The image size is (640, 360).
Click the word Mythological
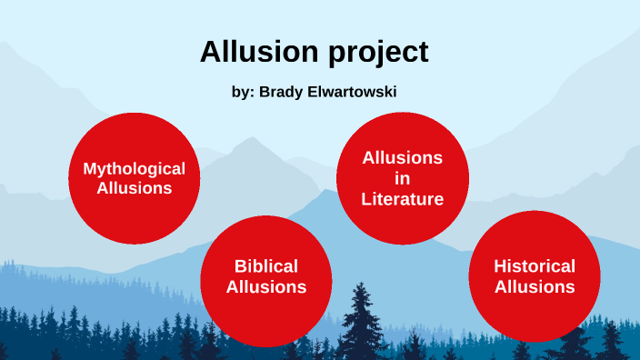pos(135,168)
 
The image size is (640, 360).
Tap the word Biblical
pos(266,266)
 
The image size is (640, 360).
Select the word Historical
pos(535,266)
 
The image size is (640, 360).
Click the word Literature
pos(402,199)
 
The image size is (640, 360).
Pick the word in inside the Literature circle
pos(402,178)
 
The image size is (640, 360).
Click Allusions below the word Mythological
pos(135,188)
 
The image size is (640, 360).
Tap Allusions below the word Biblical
pos(266,286)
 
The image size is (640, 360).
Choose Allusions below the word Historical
pos(535,286)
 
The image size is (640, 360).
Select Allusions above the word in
pos(402,157)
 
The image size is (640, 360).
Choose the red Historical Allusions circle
pos(535,314)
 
